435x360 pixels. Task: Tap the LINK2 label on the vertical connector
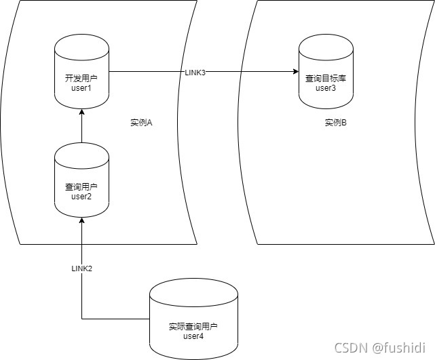(81, 268)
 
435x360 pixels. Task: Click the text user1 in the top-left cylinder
(81, 88)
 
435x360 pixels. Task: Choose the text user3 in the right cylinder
(326, 88)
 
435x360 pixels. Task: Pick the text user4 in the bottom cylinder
(193, 336)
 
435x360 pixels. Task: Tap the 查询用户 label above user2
(81, 186)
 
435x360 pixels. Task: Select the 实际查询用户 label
(193, 327)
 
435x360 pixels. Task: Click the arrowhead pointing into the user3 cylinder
(296, 71)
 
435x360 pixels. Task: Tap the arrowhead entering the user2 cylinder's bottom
(81, 220)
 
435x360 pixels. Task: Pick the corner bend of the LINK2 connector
(81, 319)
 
